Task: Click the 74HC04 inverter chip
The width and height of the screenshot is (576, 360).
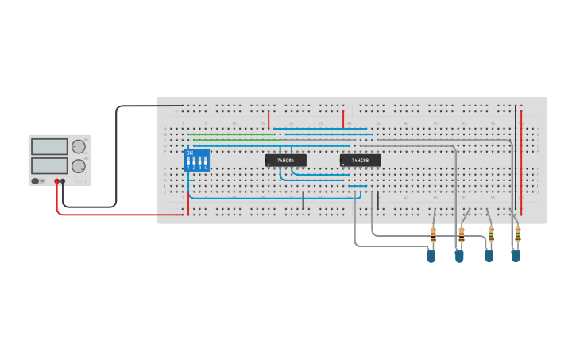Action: [x=285, y=160]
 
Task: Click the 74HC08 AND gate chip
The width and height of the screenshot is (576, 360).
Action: [x=360, y=160]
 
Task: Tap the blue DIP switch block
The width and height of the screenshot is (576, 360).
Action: [x=196, y=160]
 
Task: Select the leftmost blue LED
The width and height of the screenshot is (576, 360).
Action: [x=431, y=256]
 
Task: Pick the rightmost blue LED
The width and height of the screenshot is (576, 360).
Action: [x=516, y=255]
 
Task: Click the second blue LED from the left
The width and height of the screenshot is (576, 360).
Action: [x=459, y=256]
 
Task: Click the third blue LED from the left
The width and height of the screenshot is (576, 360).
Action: [x=489, y=255]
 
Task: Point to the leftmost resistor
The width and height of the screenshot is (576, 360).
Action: [x=433, y=234]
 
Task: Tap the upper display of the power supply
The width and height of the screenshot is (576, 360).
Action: [x=49, y=147]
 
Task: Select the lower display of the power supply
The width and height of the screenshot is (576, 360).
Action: [x=49, y=165]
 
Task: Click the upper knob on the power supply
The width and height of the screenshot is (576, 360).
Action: [x=78, y=146]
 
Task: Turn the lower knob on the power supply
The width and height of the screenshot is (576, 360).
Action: [x=78, y=166]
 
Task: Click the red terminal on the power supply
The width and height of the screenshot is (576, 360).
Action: [x=57, y=181]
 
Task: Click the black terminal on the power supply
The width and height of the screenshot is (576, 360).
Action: [x=63, y=181]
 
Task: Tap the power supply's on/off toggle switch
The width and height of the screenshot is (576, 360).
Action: [x=37, y=181]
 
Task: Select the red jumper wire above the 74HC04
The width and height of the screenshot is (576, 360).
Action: [x=269, y=119]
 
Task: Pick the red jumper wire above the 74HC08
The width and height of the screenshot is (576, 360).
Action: [x=343, y=119]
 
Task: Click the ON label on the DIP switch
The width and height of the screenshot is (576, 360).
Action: [x=189, y=153]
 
